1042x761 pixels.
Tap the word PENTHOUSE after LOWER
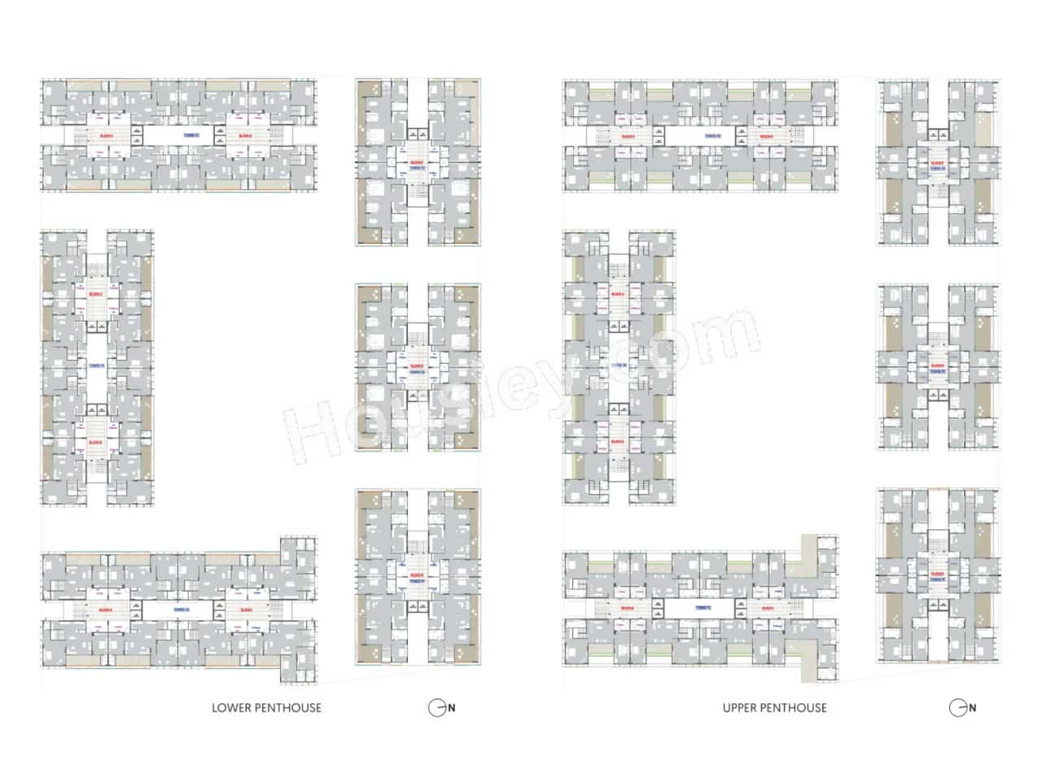(287, 708)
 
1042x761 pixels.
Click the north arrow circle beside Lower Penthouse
(436, 708)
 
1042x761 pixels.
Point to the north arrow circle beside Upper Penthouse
(957, 708)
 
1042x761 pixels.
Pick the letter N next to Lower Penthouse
(452, 708)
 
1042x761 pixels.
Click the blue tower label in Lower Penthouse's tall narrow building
(95, 367)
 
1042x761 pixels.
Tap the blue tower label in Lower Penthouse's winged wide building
(181, 608)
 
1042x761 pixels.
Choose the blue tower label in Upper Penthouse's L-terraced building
(702, 608)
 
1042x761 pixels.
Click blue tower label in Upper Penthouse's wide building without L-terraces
(702, 135)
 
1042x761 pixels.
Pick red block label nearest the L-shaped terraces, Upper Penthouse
(767, 609)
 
